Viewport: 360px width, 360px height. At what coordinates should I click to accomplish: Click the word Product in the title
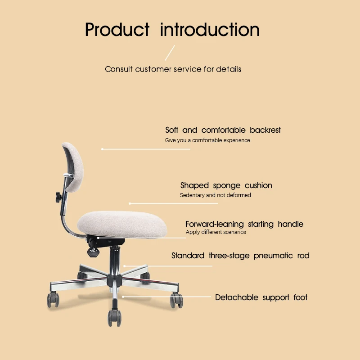pyautogui.click(x=117, y=30)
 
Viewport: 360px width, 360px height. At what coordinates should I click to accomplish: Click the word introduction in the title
pyautogui.click(x=210, y=30)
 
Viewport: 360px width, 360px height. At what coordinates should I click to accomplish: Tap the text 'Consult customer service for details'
pyautogui.click(x=173, y=69)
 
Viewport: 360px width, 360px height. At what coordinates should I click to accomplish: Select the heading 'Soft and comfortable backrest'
pyautogui.click(x=223, y=130)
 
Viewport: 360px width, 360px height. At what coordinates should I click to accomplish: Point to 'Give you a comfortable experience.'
pyautogui.click(x=208, y=140)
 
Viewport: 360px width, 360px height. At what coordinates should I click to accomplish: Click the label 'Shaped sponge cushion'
pyautogui.click(x=226, y=185)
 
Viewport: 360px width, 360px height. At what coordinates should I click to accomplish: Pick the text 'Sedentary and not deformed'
pyautogui.click(x=215, y=195)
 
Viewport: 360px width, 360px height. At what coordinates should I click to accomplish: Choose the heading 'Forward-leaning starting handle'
pyautogui.click(x=244, y=224)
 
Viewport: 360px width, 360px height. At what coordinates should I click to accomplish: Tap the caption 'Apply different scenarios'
pyautogui.click(x=216, y=232)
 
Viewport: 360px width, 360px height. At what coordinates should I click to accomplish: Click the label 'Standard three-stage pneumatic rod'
pyautogui.click(x=240, y=256)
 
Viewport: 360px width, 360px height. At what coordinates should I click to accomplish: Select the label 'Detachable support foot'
pyautogui.click(x=261, y=297)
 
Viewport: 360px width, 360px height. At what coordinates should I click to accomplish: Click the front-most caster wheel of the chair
pyautogui.click(x=114, y=318)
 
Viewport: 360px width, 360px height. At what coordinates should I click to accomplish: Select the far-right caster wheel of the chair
pyautogui.click(x=176, y=300)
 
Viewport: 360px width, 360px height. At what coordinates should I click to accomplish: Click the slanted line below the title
pyautogui.click(x=169, y=53)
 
